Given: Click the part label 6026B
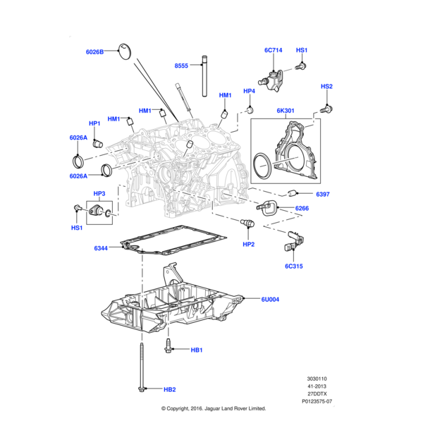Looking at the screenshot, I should pyautogui.click(x=94, y=51).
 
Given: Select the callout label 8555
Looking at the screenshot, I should pyautogui.click(x=182, y=66).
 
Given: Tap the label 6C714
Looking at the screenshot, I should pyautogui.click(x=274, y=51).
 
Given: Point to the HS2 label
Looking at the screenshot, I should pyautogui.click(x=326, y=87).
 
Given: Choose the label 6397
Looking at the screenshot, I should pyautogui.click(x=324, y=194).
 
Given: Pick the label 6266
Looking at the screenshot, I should pyautogui.click(x=302, y=208).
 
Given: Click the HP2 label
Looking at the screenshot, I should pyautogui.click(x=248, y=244).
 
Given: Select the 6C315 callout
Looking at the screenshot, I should pyautogui.click(x=295, y=266).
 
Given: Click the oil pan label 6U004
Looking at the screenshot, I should pyautogui.click(x=270, y=299).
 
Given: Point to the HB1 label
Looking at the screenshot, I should pyautogui.click(x=197, y=350).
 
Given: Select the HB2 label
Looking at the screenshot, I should pyautogui.click(x=170, y=389).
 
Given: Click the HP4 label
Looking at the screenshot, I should pyautogui.click(x=250, y=91).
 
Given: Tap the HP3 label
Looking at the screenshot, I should pyautogui.click(x=99, y=193).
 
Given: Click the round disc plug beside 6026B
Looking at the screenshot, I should pyautogui.click(x=125, y=49).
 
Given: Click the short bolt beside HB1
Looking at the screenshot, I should pyautogui.click(x=169, y=345).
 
